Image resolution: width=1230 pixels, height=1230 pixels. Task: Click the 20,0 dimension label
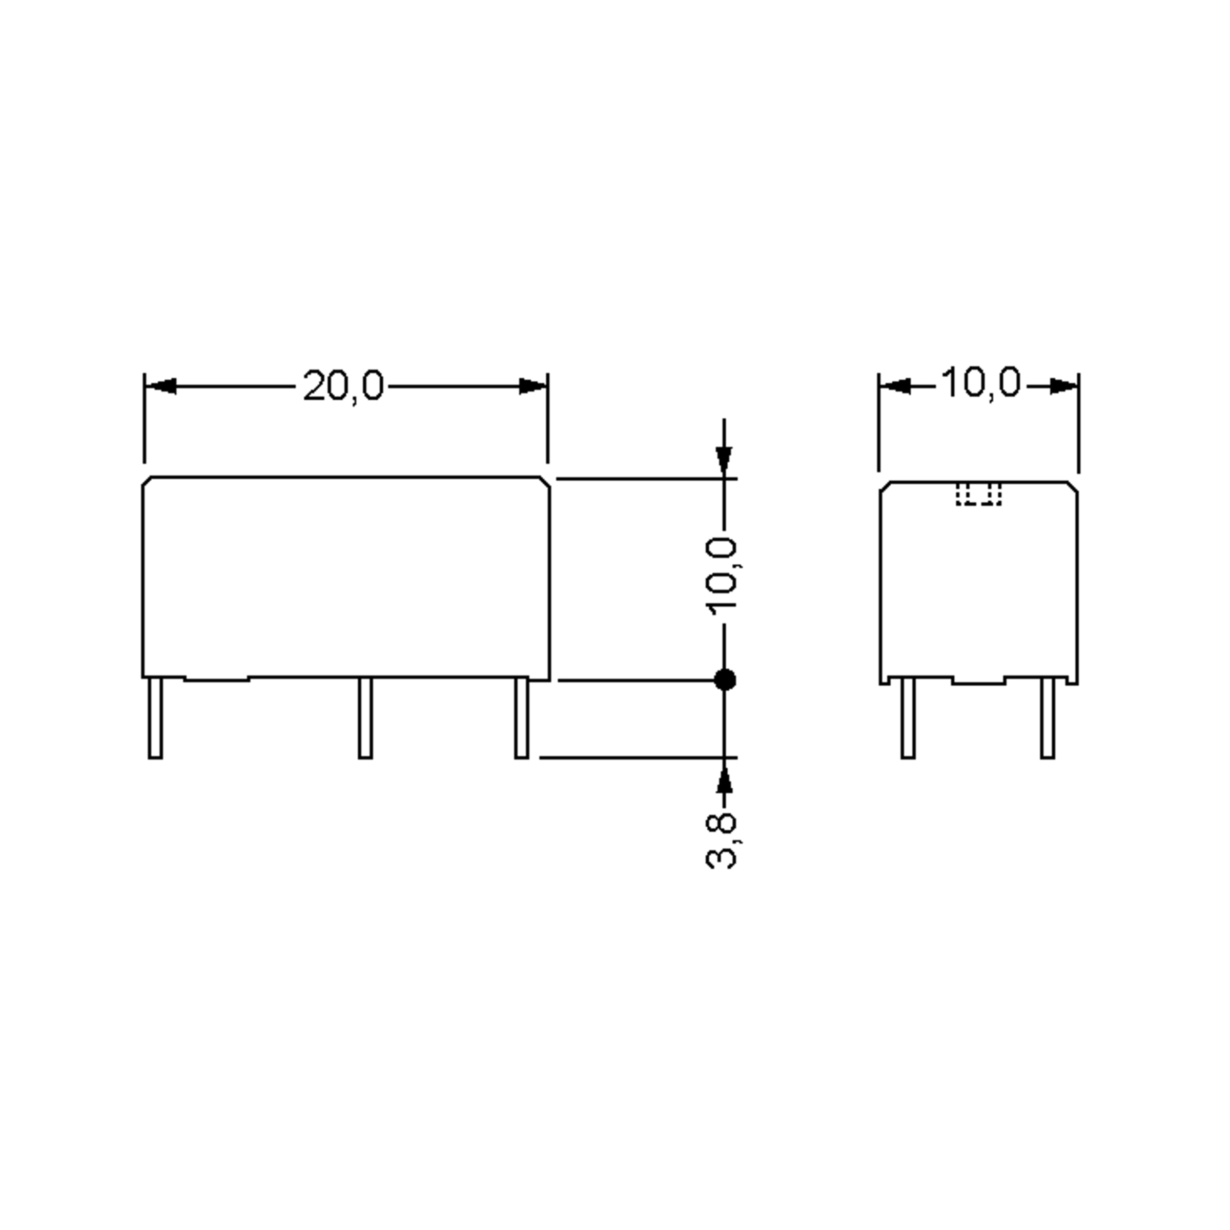pyautogui.click(x=343, y=386)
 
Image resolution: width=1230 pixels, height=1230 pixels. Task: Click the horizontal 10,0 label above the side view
pyautogui.click(x=980, y=383)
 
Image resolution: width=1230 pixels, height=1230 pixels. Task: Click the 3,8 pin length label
pyautogui.click(x=723, y=841)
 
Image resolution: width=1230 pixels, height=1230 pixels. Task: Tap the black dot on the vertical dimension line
pyautogui.click(x=725, y=680)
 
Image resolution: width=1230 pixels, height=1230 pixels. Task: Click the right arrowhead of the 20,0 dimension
pyautogui.click(x=532, y=386)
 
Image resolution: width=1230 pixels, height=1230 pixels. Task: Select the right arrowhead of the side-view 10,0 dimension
pyautogui.click(x=1063, y=386)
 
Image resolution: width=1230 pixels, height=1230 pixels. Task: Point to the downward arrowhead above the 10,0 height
pyautogui.click(x=724, y=460)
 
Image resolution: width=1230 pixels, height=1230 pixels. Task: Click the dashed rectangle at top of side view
pyautogui.click(x=978, y=495)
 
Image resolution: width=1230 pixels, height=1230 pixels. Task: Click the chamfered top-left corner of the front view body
pyautogui.click(x=147, y=482)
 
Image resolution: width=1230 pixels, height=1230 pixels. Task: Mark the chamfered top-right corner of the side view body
pyautogui.click(x=1073, y=486)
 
